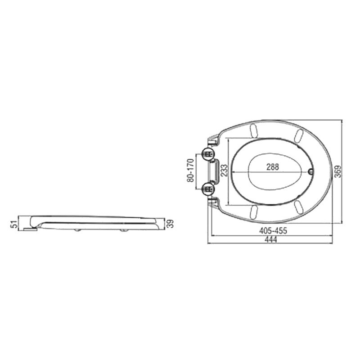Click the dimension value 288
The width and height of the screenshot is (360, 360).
[x=273, y=166]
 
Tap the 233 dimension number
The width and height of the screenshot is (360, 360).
[x=224, y=170]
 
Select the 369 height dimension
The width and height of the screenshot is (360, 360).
[x=338, y=171]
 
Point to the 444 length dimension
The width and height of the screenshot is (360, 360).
[x=271, y=240]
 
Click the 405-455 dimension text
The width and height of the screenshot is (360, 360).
[x=273, y=230]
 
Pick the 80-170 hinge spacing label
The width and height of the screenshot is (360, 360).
[x=190, y=171]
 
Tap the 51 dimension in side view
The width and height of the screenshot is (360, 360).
[x=14, y=224]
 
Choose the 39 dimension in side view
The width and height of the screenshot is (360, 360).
[x=170, y=224]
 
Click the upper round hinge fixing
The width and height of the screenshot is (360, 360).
[x=208, y=154]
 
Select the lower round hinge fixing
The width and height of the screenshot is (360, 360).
[x=208, y=189]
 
